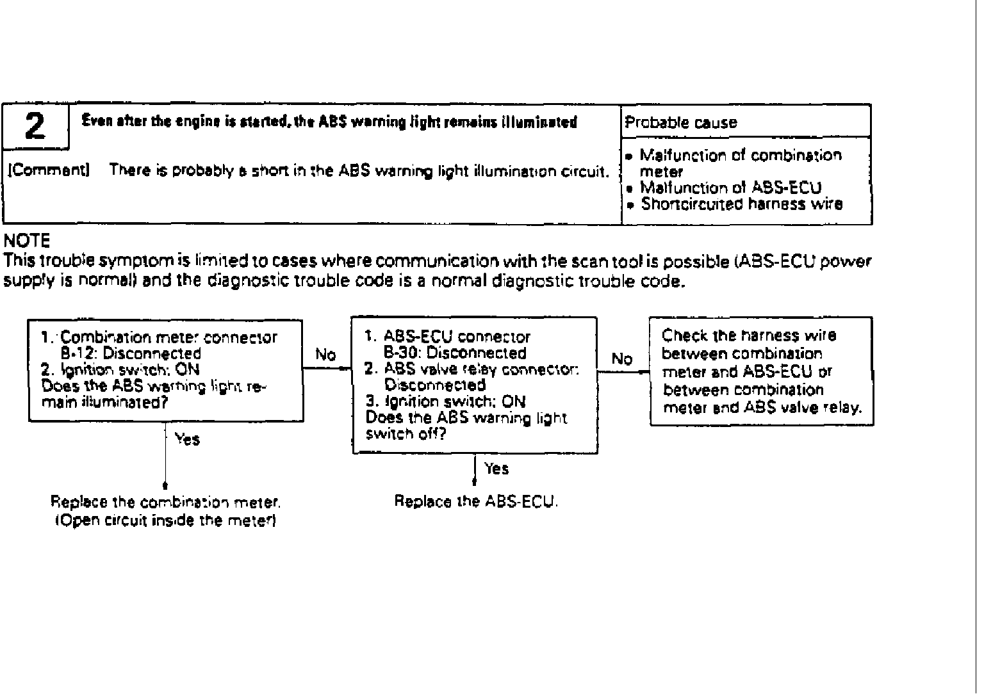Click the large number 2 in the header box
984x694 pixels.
point(36,127)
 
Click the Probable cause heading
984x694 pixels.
point(681,123)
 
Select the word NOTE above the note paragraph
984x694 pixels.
point(26,241)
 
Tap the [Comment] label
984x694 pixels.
point(49,170)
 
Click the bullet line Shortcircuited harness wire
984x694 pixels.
point(742,204)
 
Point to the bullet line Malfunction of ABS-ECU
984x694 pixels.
point(730,188)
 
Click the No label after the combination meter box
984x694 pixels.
point(325,355)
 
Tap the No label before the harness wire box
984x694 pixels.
point(621,359)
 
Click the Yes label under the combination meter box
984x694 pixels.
point(187,439)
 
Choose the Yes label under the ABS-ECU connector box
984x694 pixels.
point(496,469)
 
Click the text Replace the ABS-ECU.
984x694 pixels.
point(476,501)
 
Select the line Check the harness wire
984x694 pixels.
point(749,335)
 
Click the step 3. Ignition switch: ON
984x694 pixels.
point(445,401)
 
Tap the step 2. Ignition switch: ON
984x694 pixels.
point(120,369)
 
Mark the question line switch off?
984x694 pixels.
point(406,434)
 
